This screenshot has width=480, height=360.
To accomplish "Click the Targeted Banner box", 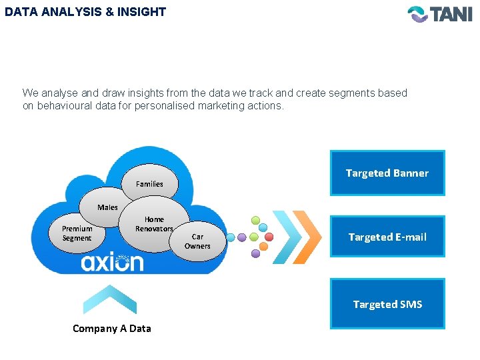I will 387,173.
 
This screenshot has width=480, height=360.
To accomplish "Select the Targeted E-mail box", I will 387,237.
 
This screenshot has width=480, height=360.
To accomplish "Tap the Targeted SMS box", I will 387,304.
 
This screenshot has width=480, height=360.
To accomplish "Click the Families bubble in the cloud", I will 149,183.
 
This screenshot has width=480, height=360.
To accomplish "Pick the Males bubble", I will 107,207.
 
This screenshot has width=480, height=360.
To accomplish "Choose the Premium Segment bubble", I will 77,233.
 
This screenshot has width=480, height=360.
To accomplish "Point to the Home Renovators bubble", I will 154,224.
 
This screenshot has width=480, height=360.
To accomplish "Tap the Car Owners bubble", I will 197,241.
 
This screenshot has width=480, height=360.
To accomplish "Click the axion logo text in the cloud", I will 112,263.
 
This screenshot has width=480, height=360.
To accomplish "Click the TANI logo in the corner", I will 439,14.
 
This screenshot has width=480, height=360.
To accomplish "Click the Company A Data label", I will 112,328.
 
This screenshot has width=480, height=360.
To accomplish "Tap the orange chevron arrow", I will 307,237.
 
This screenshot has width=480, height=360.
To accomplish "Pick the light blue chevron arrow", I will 287,237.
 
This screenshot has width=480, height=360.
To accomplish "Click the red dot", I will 269,237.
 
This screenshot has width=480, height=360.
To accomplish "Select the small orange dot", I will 263,247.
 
